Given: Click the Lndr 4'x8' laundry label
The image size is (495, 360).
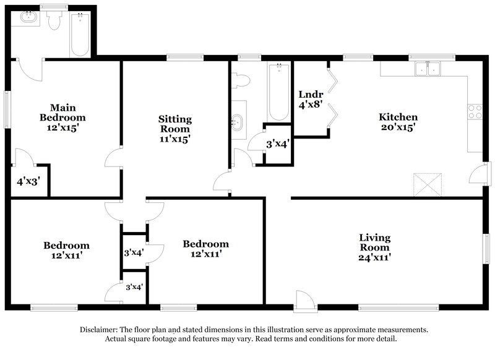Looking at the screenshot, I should (309, 99).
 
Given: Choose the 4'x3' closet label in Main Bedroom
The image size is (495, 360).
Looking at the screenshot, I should (27, 182).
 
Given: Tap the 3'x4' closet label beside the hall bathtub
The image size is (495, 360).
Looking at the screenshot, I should (277, 144).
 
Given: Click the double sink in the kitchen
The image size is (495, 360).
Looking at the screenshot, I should (428, 69).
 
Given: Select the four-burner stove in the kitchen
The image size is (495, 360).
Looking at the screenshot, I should (476, 111).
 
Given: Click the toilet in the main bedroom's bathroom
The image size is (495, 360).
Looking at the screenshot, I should (55, 21).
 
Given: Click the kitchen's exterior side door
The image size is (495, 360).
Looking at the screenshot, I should (477, 175).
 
